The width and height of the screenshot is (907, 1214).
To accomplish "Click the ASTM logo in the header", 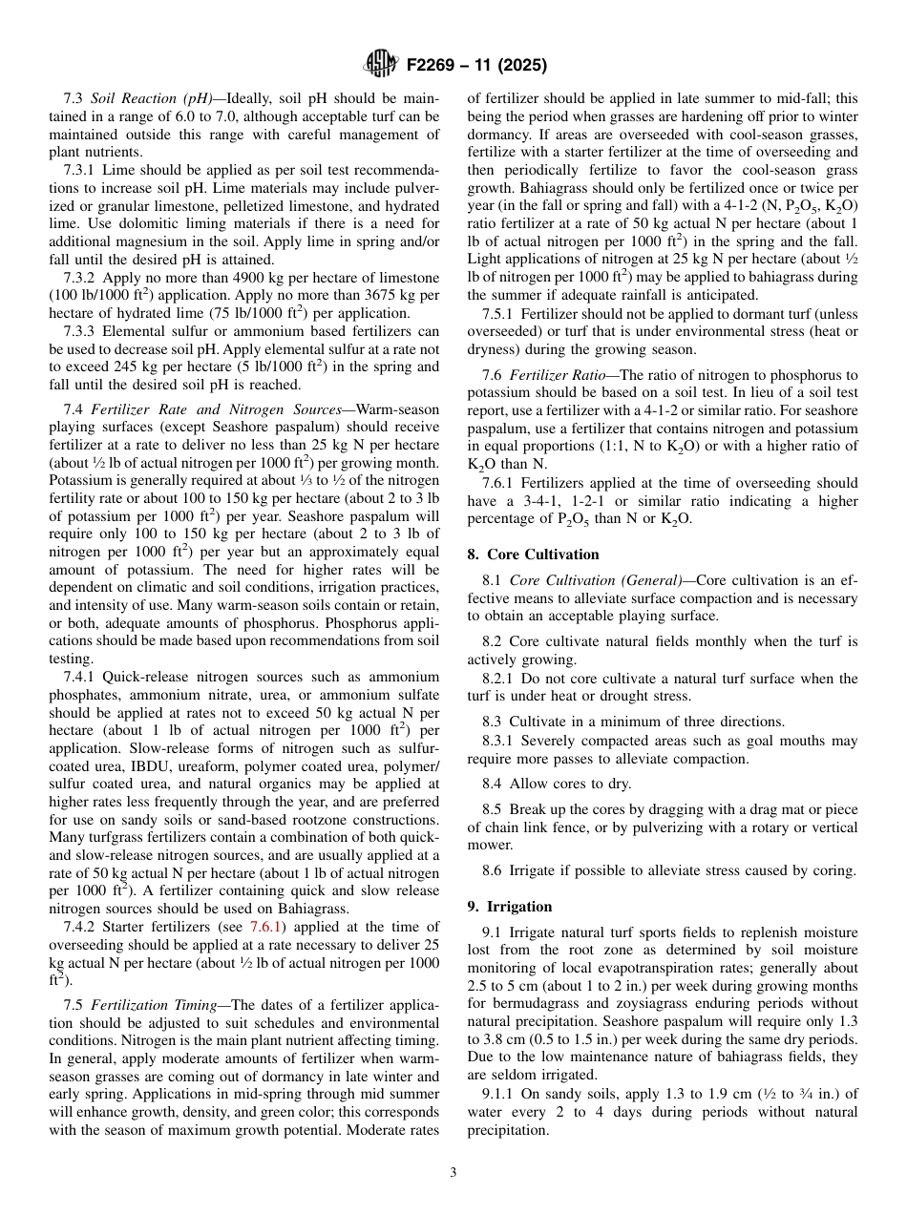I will (x=380, y=66).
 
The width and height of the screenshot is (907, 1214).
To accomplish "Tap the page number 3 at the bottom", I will (x=453, y=1172).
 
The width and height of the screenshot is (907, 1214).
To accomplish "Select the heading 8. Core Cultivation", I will (x=533, y=555).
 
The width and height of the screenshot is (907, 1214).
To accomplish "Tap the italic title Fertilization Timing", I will (x=157, y=1004).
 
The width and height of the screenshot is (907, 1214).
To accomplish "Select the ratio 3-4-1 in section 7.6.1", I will (x=536, y=501).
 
